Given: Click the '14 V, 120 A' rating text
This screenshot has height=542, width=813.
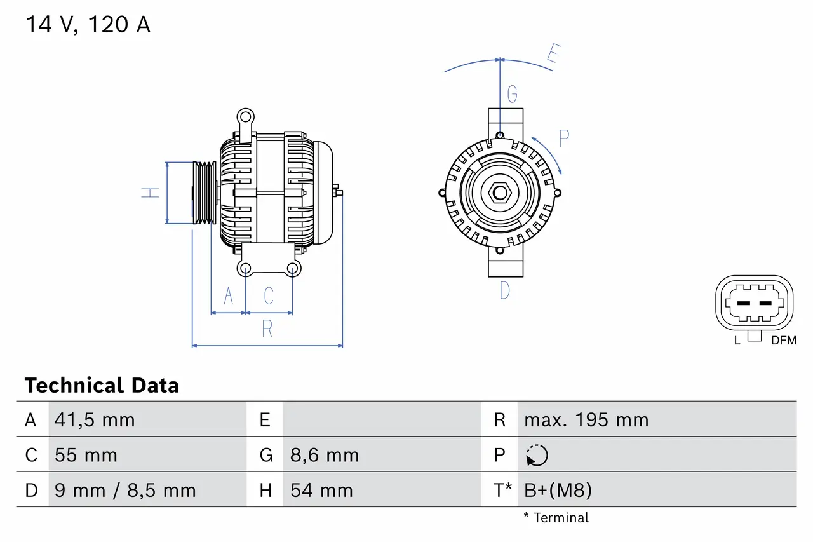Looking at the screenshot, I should [x=88, y=25].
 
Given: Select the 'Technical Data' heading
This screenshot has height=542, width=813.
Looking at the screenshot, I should [x=102, y=386].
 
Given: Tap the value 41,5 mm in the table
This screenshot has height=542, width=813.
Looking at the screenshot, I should [x=95, y=420].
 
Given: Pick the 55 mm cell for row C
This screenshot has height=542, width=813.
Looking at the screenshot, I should [x=86, y=456].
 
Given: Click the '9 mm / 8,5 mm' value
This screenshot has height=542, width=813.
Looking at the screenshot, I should [x=125, y=491].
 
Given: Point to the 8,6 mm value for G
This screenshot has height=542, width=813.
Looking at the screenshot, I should [x=325, y=456].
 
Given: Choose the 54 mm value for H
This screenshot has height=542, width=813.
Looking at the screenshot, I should [x=321, y=491].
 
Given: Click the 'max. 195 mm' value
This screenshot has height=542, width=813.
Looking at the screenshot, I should [x=586, y=420].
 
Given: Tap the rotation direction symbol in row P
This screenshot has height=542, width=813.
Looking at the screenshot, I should [x=537, y=456].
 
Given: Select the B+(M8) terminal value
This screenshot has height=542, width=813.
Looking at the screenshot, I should [x=558, y=491].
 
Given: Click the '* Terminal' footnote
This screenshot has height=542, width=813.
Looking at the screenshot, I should [x=556, y=518].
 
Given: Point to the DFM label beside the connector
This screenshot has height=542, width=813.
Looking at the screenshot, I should [x=783, y=341].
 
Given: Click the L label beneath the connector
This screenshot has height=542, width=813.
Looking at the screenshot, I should [x=737, y=341].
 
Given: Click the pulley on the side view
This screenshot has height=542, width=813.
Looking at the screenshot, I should [x=204, y=193].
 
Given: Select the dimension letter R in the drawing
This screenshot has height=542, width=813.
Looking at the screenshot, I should [x=267, y=329].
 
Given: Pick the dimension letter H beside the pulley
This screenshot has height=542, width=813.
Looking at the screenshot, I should [x=151, y=192].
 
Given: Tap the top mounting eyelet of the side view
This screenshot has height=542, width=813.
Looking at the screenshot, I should [x=245, y=116].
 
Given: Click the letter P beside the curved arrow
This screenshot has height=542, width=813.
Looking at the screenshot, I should [x=563, y=138].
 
